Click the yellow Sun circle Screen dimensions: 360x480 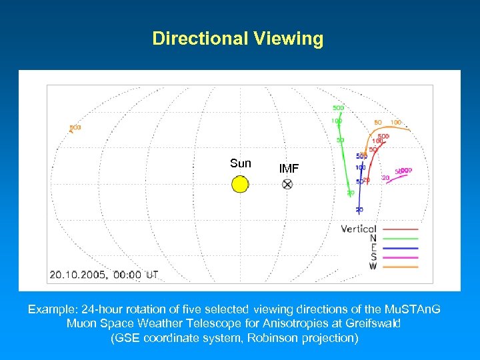pyautogui.click(x=240, y=184)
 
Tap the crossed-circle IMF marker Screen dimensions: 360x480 pyautogui.click(x=287, y=185)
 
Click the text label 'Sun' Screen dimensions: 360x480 pyautogui.click(x=240, y=163)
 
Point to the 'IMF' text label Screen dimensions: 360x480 pyautogui.click(x=289, y=169)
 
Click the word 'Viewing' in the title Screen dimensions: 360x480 pyautogui.click(x=288, y=39)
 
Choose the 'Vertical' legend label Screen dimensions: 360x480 pyautogui.click(x=359, y=229)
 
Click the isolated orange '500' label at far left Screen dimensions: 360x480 pyautogui.click(x=75, y=128)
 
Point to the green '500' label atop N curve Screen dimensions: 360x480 pyautogui.click(x=338, y=108)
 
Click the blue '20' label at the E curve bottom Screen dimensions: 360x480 pyautogui.click(x=359, y=210)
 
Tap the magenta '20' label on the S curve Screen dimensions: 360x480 pyautogui.click(x=385, y=178)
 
